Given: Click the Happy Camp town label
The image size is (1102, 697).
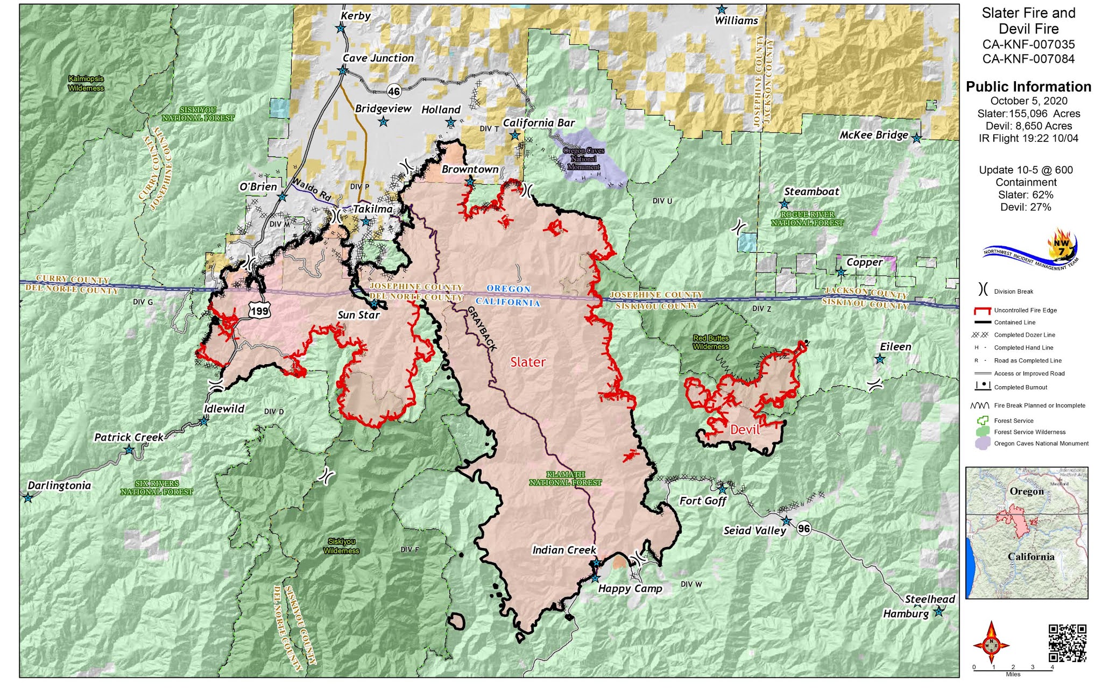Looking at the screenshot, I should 630,588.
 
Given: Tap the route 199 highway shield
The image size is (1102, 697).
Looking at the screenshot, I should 259,310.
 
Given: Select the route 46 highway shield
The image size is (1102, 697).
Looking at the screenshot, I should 394,91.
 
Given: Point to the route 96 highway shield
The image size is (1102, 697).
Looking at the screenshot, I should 803,528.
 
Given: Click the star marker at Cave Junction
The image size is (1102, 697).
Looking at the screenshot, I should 342,70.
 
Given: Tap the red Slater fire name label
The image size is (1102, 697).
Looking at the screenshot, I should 527,362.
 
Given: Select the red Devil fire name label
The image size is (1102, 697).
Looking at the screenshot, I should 745,429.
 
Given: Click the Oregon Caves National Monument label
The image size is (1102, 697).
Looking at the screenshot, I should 583,159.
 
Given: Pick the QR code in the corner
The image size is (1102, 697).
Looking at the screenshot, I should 1067,643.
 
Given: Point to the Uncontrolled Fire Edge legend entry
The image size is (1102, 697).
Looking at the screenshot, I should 1025,310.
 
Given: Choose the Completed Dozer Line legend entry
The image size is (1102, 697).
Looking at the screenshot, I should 1024,335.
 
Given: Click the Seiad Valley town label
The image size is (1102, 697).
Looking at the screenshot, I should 754,531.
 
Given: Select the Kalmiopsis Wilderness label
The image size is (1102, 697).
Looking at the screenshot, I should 86,83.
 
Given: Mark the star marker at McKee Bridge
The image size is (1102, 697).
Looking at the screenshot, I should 916,139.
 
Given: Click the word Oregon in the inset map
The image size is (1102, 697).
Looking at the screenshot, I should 1026,492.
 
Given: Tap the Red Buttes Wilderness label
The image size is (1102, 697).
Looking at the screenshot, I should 711,342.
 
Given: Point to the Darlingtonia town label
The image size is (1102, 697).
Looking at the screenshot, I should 59,486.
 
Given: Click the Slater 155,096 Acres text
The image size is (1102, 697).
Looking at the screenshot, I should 1028,113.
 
